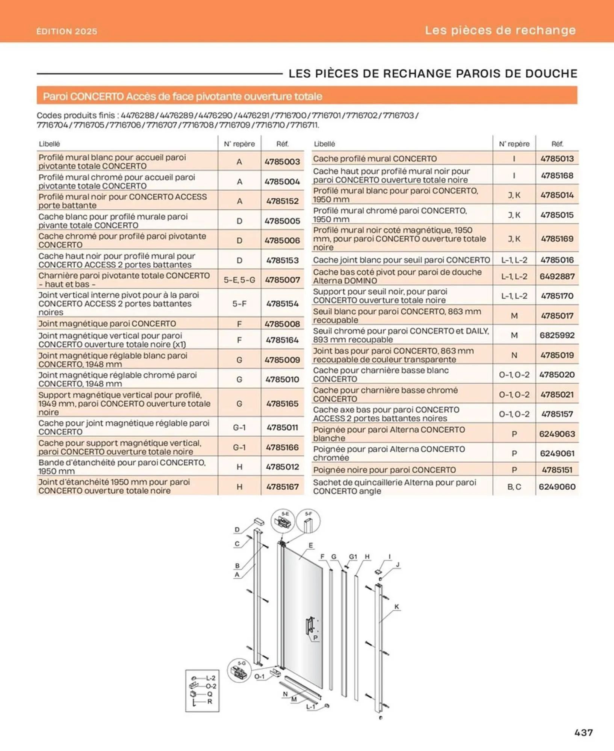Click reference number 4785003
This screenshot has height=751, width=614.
[282, 162]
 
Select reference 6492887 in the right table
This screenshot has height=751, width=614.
[557, 276]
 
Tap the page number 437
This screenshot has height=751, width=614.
[583, 732]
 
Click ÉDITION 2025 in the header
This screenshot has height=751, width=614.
[67, 31]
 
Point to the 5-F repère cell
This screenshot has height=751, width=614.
[239, 303]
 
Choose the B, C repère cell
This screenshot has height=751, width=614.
[514, 487]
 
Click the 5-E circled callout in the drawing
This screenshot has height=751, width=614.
[283, 521]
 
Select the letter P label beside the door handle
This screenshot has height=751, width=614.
[315, 638]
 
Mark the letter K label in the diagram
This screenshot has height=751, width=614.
[396, 606]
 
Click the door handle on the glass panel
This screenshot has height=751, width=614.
[310, 625]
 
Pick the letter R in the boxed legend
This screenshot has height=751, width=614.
[210, 701]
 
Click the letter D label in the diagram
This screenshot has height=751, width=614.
[237, 529]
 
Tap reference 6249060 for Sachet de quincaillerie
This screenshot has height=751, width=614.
[557, 487]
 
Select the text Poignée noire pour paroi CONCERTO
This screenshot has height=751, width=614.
[384, 470]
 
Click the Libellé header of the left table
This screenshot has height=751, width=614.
[49, 144]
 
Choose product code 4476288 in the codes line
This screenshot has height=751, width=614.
[138, 115]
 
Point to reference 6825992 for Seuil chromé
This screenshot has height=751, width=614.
[557, 335]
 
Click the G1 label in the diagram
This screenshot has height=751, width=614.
[353, 556]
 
